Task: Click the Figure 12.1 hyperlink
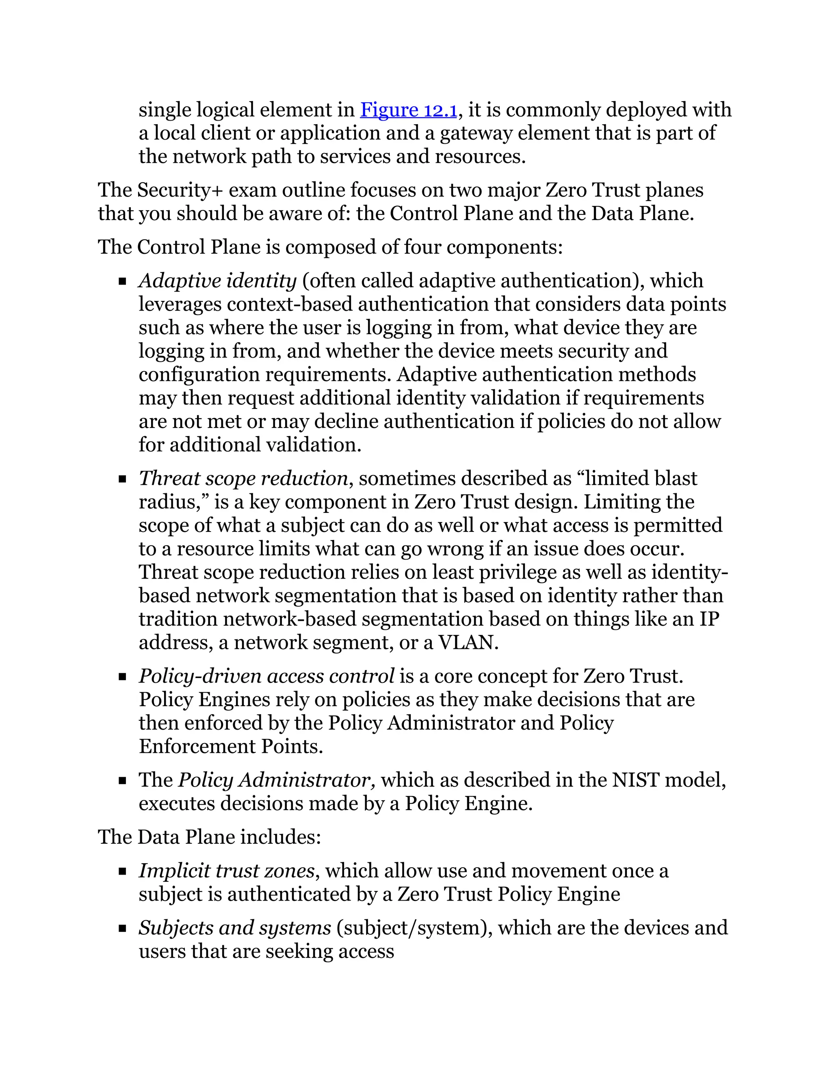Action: point(409,109)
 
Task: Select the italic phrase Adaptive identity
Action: point(217,281)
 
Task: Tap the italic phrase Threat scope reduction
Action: point(243,478)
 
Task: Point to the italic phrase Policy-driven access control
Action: point(266,676)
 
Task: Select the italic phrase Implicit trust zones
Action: point(226,871)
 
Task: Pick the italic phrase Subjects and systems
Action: point(235,928)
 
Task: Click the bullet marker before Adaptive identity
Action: point(123,282)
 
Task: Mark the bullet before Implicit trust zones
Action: point(123,871)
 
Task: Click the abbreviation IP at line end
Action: point(709,619)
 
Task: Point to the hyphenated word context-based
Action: point(290,305)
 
